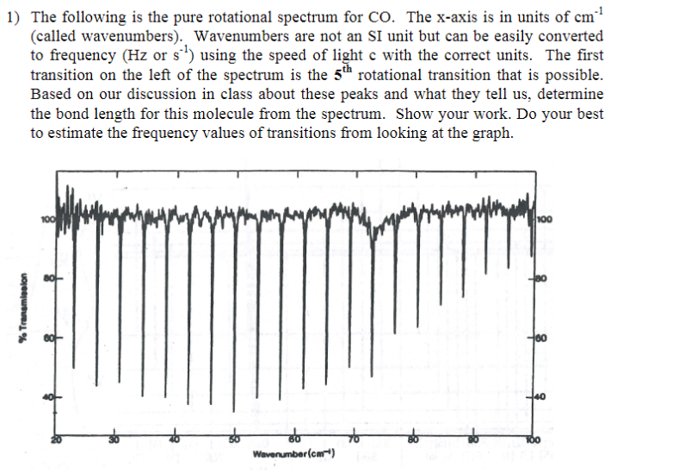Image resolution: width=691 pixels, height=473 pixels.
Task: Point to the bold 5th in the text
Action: pos(346,74)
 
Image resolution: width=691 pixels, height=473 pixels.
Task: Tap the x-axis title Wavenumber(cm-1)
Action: pos(293,453)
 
